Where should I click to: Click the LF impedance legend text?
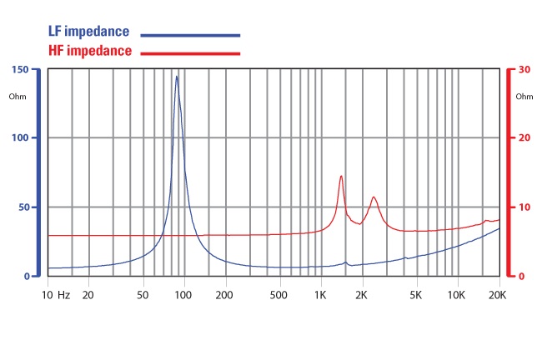(88, 32)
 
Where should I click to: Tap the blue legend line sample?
(190, 35)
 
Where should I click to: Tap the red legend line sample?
(190, 53)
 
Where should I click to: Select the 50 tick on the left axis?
(25, 207)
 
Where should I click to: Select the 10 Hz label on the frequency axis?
(58, 295)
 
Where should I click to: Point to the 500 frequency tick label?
(279, 295)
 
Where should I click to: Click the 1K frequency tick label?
(321, 295)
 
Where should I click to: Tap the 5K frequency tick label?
(415, 295)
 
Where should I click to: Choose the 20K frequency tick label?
(498, 295)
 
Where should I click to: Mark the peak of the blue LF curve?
(176, 77)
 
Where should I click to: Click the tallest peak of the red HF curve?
(341, 176)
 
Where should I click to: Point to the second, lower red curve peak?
(374, 197)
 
